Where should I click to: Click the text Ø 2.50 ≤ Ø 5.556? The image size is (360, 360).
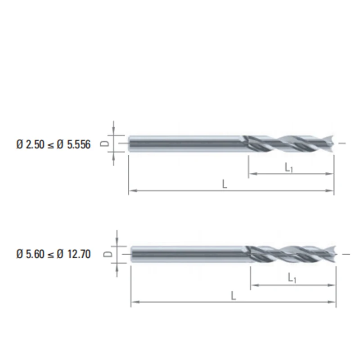coord(53,144)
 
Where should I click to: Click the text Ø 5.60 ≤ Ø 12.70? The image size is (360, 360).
coord(53,255)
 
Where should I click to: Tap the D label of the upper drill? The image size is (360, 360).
coord(103,144)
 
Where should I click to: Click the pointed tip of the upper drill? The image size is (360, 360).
coord(333,144)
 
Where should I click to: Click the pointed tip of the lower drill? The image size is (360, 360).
coord(335,255)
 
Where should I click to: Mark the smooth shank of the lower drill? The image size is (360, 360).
coord(189,254)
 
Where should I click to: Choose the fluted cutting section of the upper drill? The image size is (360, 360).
coord(288,144)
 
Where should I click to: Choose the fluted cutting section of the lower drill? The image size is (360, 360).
coord(290,255)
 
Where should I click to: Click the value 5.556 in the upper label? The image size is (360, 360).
coord(78,144)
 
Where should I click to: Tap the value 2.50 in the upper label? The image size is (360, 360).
coord(33,144)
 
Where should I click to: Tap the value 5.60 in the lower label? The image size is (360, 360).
coord(33,255)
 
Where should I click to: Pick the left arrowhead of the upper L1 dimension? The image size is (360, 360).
coord(252,174)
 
